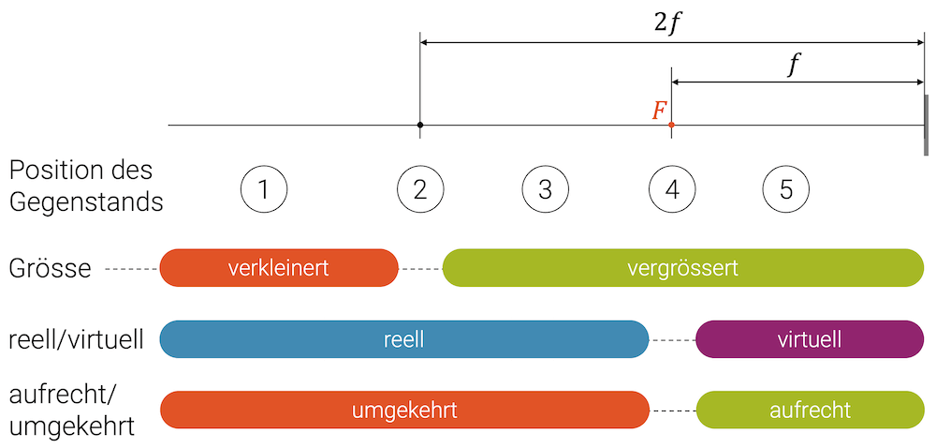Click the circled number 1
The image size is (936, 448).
263,189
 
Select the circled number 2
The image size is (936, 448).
419,189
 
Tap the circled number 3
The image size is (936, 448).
546,189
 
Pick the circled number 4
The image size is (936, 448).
672,189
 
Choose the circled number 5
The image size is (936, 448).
785,189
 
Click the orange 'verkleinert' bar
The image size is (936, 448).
278,268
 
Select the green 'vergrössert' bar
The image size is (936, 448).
682,268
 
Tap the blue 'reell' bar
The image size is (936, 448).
403,339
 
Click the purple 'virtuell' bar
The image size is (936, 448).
810,339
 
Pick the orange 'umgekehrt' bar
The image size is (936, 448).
403,411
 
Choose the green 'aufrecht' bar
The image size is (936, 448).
810,411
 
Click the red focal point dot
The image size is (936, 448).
671,125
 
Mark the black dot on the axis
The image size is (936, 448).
420,125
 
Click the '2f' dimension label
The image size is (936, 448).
670,23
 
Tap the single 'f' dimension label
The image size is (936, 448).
796,65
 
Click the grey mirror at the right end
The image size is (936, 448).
926,125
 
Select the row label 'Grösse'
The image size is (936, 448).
51,269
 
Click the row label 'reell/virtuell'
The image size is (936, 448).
76,339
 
